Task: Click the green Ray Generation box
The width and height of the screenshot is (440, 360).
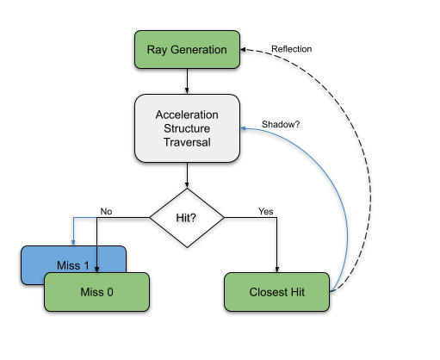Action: point(187,49)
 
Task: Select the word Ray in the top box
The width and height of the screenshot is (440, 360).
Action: point(158,49)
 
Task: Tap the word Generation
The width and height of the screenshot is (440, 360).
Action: point(199,49)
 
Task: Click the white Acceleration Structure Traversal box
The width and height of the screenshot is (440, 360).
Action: point(187,128)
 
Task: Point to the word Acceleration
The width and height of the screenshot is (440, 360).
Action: point(187,115)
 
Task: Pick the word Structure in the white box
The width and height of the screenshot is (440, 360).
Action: point(187,128)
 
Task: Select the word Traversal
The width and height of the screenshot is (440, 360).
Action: point(187,142)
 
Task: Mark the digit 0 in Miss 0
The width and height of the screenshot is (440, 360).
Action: point(110,292)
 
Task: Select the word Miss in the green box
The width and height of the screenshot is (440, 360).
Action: point(90,292)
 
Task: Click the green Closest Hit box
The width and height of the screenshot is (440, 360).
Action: point(276,292)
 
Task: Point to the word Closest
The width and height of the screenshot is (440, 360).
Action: point(268,292)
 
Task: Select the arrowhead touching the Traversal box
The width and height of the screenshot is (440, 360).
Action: point(243,128)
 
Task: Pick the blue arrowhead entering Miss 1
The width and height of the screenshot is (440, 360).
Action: point(74,244)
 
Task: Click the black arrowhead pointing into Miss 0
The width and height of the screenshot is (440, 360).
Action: point(96,270)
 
